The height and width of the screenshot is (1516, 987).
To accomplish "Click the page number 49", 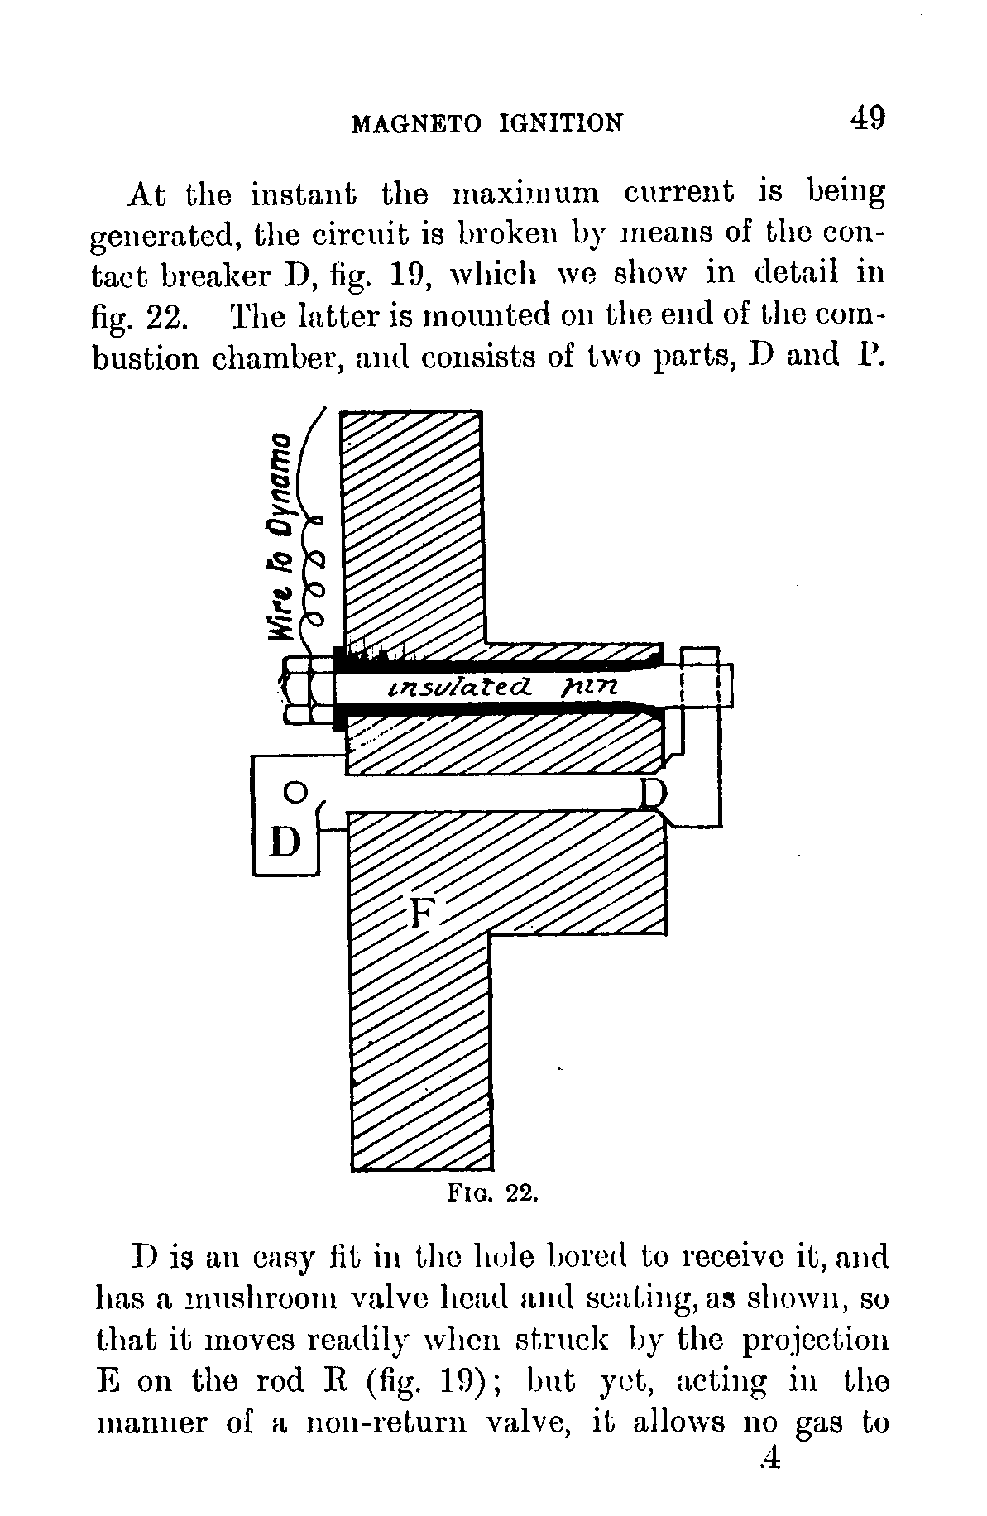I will tap(866, 118).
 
